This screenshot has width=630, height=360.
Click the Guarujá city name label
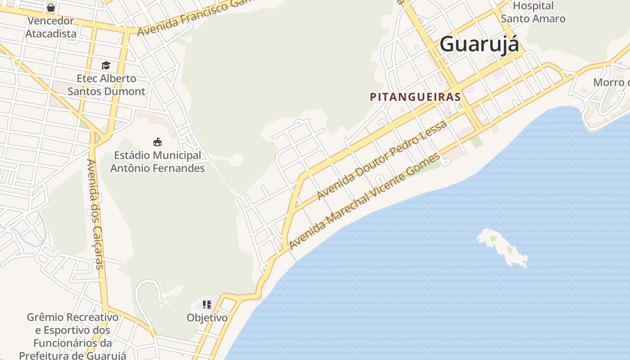[479, 45]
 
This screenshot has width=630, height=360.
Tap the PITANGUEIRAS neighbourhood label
[415, 97]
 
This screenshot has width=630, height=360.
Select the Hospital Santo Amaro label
[533, 13]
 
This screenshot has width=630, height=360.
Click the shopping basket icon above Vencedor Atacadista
[51, 8]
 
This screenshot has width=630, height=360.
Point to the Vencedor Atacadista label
[51, 27]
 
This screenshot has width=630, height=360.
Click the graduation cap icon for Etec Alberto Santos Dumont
[106, 66]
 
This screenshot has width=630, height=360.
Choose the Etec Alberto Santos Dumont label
[106, 85]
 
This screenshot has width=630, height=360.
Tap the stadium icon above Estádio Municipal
[157, 142]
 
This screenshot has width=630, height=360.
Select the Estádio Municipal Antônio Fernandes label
[157, 162]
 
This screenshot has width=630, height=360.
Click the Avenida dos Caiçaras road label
[95, 214]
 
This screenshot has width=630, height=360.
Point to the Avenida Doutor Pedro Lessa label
[382, 160]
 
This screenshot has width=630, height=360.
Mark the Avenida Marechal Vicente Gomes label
[364, 201]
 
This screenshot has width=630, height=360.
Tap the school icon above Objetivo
[207, 305]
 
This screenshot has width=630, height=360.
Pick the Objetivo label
[207, 318]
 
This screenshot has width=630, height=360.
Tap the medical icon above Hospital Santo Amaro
[533, 1]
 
